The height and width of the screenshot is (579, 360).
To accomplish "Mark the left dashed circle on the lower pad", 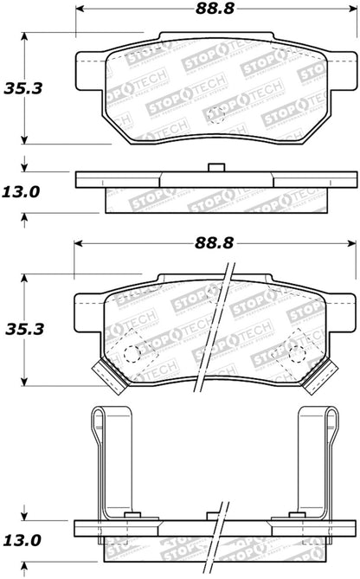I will (x=130, y=354).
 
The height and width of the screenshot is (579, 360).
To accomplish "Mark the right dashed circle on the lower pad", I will (x=297, y=354).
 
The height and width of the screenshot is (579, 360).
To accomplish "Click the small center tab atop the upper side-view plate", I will (x=210, y=170).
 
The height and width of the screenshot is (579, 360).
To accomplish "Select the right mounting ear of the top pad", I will (x=337, y=63).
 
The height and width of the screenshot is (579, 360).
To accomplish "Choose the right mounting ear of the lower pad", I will (x=337, y=306).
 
